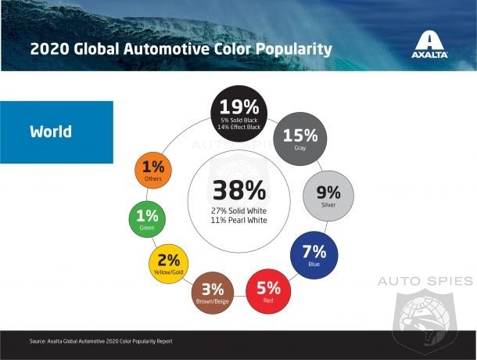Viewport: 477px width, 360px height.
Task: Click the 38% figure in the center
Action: pos(239,191)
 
